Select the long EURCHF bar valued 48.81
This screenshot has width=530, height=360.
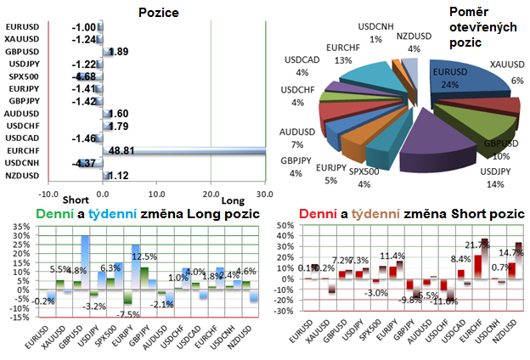pos(183,149)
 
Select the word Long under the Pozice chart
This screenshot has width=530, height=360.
pos(232,200)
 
